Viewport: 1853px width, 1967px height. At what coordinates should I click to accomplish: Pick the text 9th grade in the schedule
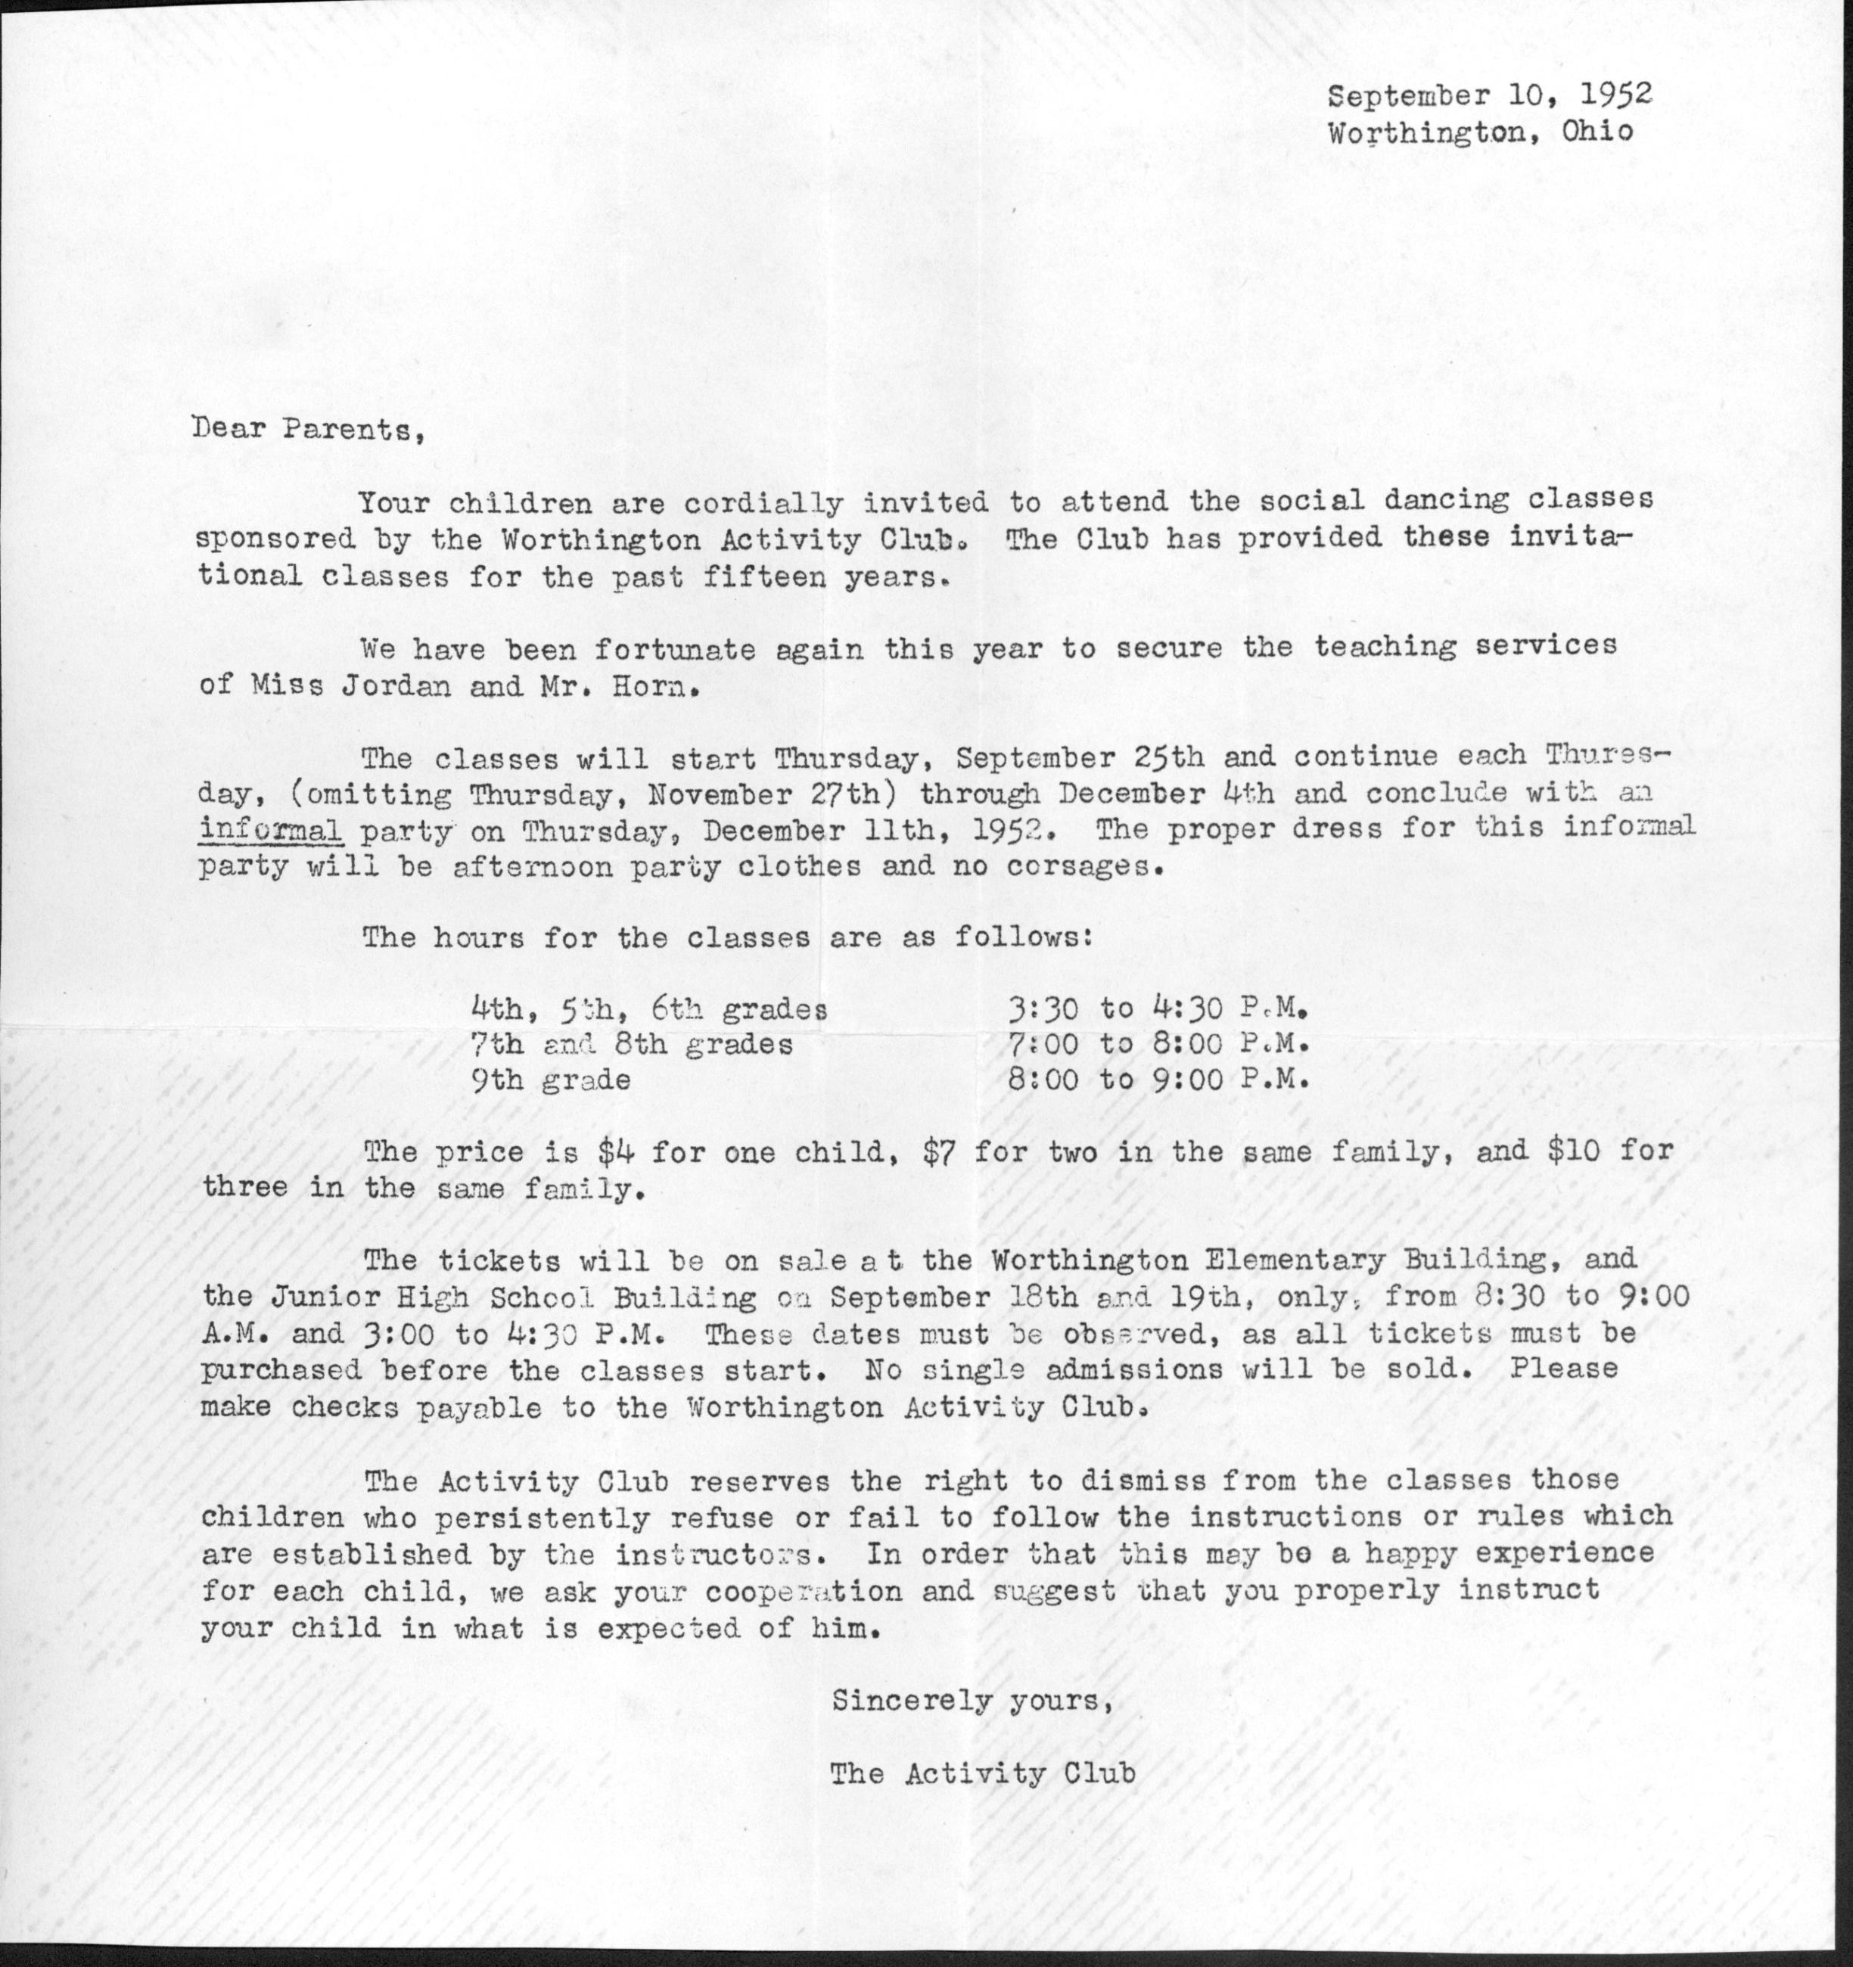coord(551,1080)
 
